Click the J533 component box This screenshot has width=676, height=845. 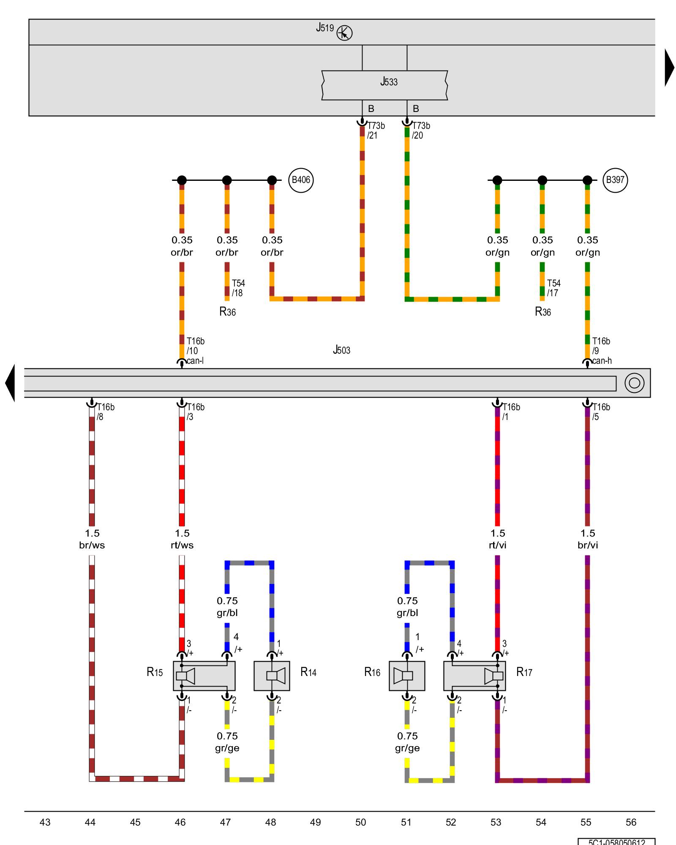point(384,85)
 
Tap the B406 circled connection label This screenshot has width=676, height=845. point(301,180)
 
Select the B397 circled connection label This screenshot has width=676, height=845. point(615,180)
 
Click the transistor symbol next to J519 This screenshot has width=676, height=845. point(344,33)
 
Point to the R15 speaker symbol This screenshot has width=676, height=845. point(185,676)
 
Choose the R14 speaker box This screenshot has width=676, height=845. point(272,676)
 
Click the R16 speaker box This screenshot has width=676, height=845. point(407,676)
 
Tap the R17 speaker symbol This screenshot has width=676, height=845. point(493,676)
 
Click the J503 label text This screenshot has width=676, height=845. point(341,350)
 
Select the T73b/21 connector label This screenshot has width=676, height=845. point(376,131)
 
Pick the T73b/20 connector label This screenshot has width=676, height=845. point(421,131)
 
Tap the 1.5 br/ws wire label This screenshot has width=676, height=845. point(92,539)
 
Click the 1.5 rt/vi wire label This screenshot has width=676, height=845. point(498,539)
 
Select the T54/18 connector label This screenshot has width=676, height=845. point(238,288)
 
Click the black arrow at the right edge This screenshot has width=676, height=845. point(669,68)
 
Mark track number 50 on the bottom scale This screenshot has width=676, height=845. point(360,822)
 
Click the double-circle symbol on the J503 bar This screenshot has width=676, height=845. point(634,383)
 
